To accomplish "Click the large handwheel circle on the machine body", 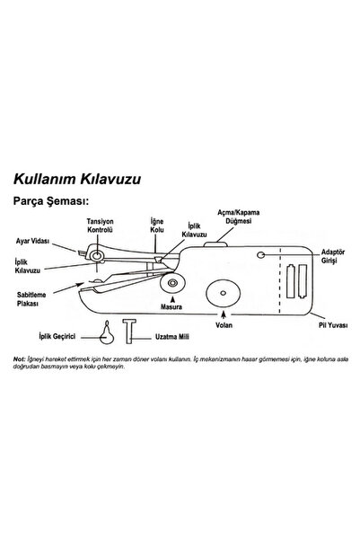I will [222, 291].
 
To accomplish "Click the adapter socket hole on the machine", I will [260, 257].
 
